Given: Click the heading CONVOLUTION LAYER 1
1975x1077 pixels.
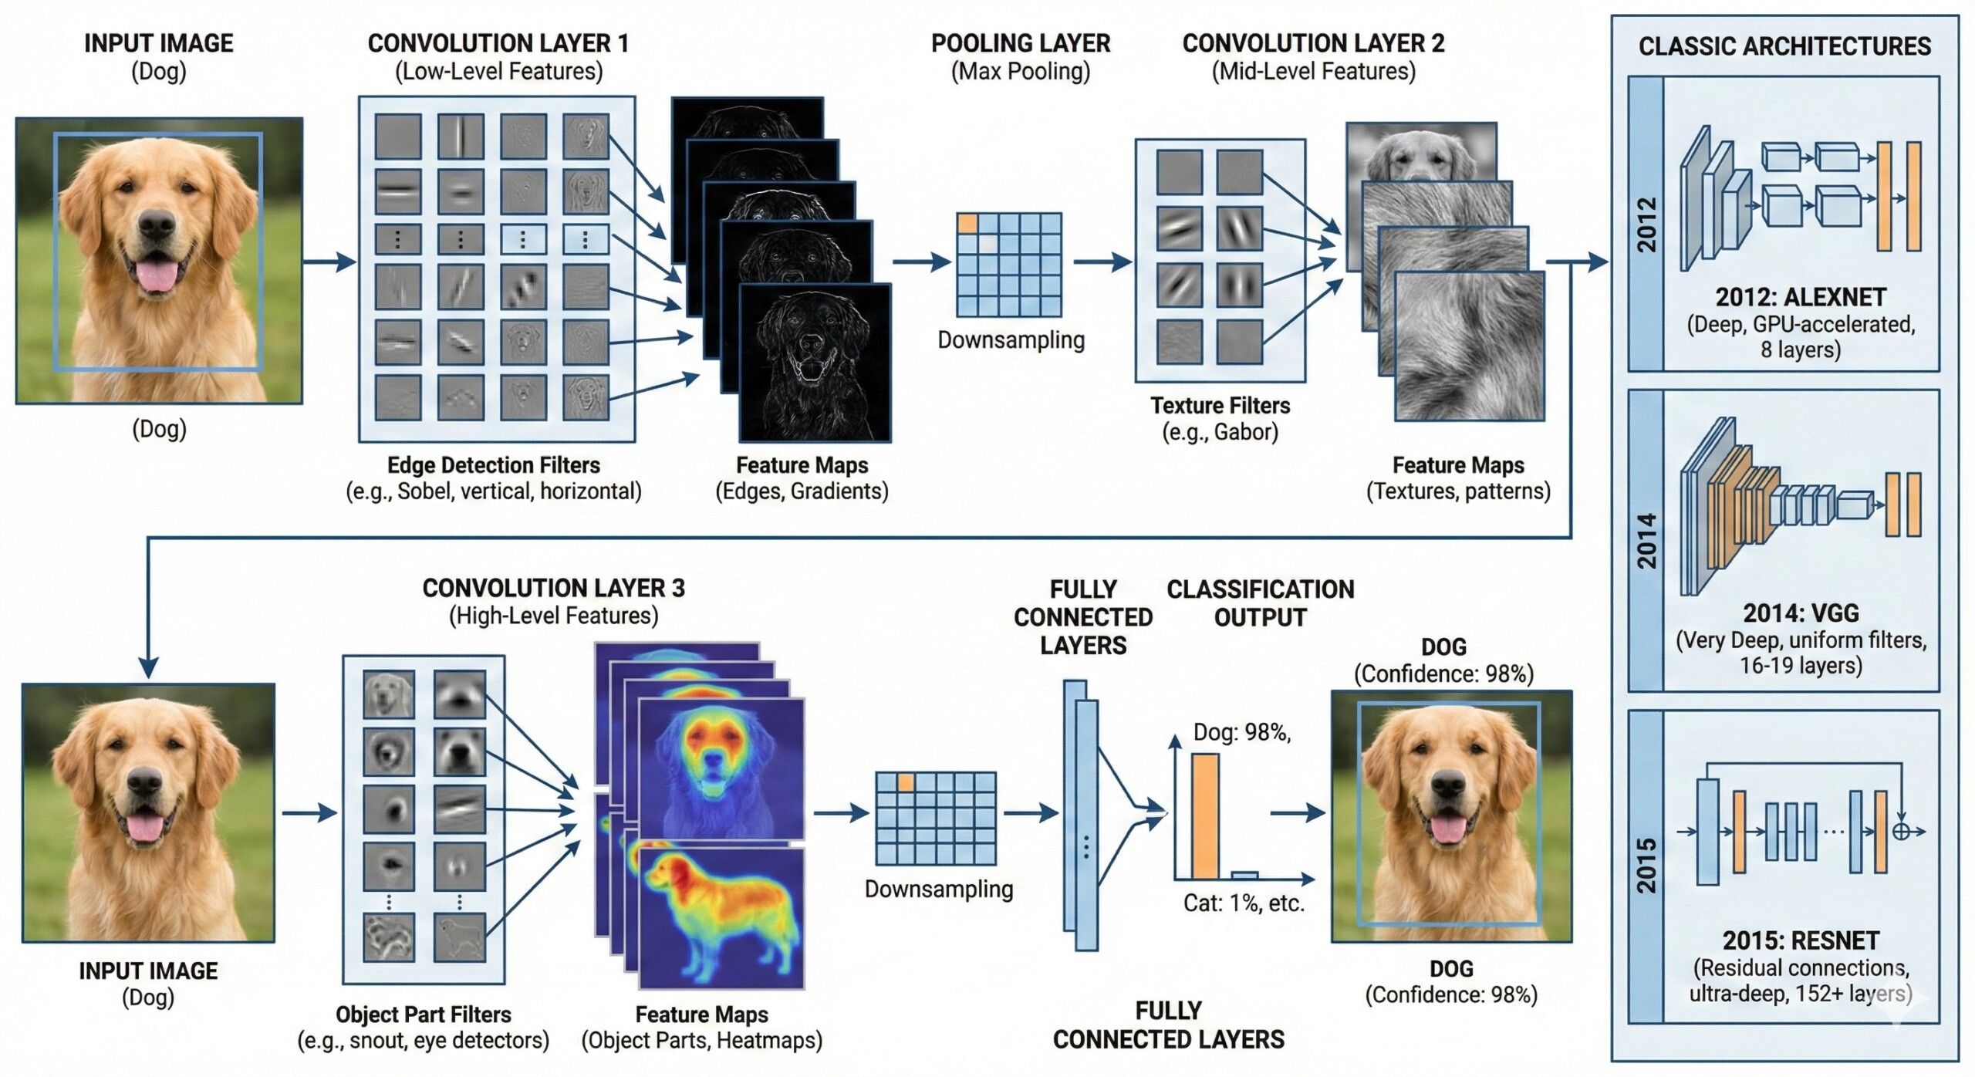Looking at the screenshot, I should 498,43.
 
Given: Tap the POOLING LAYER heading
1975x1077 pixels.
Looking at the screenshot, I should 1020,43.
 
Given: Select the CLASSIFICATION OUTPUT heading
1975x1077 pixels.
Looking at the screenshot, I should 1260,603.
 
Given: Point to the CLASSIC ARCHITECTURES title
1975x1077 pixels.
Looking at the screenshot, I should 1784,46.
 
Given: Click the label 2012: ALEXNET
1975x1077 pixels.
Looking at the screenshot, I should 1801,297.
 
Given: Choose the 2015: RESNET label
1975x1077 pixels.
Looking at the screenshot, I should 1801,940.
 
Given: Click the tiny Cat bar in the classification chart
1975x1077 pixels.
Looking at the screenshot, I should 1244,875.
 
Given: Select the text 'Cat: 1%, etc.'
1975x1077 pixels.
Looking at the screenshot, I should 1244,903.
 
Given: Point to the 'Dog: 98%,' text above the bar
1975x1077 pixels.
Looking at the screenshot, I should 1242,732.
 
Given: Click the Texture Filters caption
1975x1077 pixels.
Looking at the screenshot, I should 1220,406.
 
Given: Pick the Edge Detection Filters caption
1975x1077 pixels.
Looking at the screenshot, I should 493,465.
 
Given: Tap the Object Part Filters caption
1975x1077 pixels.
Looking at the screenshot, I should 423,1014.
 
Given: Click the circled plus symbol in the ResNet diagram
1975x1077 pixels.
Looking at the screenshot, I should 1901,831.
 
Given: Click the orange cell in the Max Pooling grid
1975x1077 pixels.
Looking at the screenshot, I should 967,224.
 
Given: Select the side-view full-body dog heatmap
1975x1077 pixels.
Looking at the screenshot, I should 721,918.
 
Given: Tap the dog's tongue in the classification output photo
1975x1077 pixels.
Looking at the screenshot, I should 1448,829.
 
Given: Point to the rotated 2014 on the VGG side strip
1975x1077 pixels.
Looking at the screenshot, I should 1646,541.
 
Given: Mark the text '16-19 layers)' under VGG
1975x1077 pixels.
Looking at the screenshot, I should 1801,665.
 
